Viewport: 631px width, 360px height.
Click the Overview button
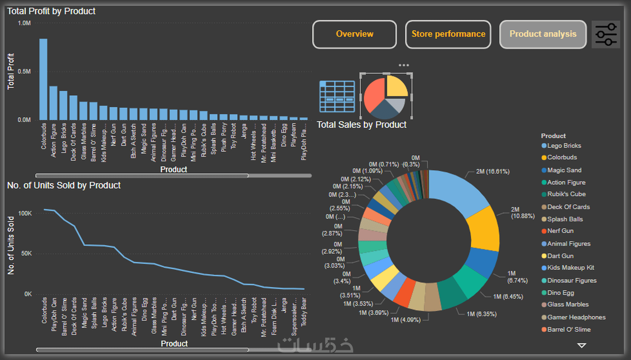point(354,34)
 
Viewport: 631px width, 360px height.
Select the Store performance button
point(448,34)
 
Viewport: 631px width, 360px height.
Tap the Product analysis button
point(543,34)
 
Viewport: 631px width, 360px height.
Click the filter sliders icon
point(606,35)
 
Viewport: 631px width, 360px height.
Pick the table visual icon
point(337,96)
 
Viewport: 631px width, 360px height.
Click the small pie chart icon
point(386,97)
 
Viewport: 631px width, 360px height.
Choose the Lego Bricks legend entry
point(564,146)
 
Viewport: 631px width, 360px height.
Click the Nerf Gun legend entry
point(560,231)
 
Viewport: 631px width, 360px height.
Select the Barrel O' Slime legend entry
point(569,330)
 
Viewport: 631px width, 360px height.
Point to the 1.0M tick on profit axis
point(24,23)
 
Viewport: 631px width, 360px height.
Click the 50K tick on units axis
point(26,253)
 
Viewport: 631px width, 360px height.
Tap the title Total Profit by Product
point(51,11)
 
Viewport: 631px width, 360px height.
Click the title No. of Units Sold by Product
point(64,185)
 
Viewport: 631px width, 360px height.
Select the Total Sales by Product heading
point(362,125)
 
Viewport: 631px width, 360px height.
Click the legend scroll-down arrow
point(582,346)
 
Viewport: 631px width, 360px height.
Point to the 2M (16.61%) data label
point(493,171)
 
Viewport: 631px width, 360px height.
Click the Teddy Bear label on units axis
point(304,312)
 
